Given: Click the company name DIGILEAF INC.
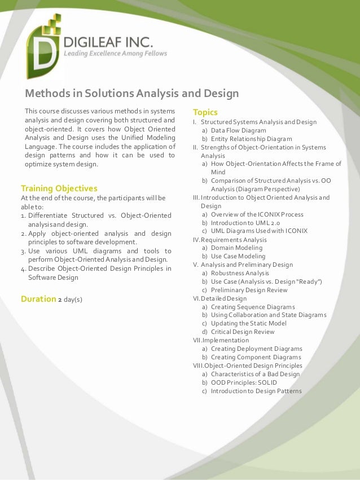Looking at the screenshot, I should (x=106, y=42).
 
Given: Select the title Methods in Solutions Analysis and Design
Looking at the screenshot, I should (x=131, y=93).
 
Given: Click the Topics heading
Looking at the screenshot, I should (x=205, y=112).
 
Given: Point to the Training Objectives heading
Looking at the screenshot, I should (x=59, y=188).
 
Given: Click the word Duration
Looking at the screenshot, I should (x=38, y=298).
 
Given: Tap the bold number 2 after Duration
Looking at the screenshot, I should (x=60, y=299).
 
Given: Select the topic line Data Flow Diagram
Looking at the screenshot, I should (x=238, y=130).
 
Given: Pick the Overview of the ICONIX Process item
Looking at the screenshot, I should (x=257, y=214).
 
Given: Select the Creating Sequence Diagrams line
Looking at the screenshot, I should (x=253, y=307).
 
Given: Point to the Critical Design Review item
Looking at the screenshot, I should (x=243, y=332).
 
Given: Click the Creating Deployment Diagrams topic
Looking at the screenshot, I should (x=257, y=349).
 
